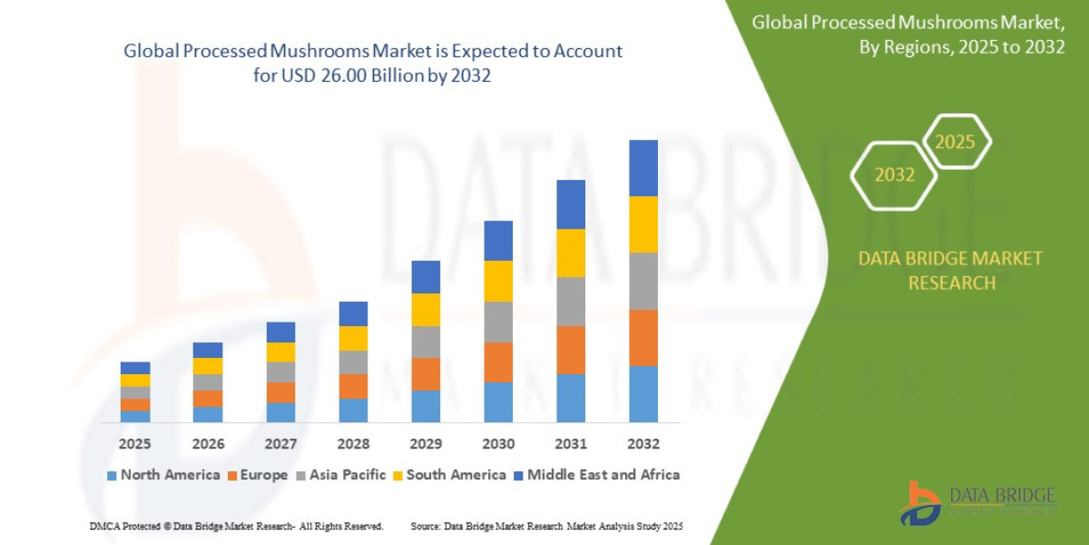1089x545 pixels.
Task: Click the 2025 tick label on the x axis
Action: click(x=134, y=444)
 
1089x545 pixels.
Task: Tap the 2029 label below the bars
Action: click(x=426, y=444)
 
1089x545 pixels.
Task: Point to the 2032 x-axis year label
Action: click(x=643, y=444)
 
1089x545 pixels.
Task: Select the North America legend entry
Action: click(x=163, y=474)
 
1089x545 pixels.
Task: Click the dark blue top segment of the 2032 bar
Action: click(x=643, y=168)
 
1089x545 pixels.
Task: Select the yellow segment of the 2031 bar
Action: click(x=571, y=253)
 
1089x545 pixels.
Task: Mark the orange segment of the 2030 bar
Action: click(x=498, y=362)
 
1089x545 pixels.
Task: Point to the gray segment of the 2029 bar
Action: click(x=426, y=342)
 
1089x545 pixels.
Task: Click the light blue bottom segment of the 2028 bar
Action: click(x=353, y=410)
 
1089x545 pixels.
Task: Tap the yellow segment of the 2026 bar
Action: click(x=208, y=365)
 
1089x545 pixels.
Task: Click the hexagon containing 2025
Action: click(x=956, y=142)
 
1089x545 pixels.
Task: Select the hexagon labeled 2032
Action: click(x=895, y=174)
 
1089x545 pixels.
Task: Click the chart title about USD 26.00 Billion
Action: click(x=373, y=63)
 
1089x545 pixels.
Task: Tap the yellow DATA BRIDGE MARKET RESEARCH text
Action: click(x=950, y=271)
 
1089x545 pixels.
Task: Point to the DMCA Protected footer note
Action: click(x=236, y=526)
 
